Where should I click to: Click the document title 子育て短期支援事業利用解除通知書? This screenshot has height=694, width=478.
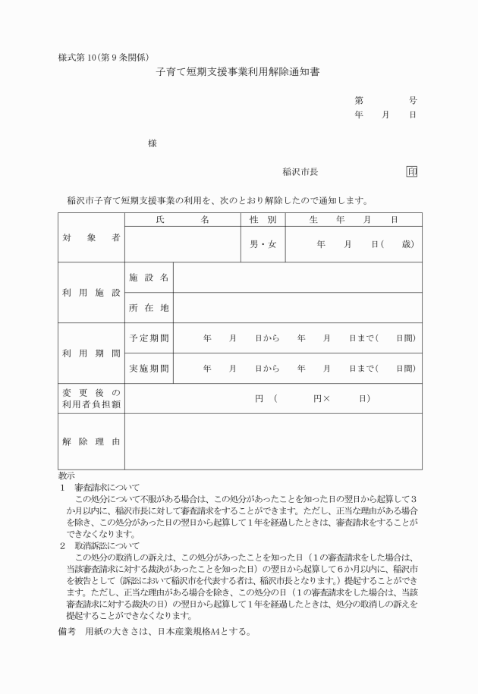tap(237, 74)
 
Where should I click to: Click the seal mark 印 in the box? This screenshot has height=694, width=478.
tap(412, 172)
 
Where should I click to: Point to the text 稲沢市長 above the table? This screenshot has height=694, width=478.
tap(300, 172)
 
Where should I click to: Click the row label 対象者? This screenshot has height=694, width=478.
tap(91, 237)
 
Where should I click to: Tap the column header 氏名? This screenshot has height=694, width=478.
tap(182, 219)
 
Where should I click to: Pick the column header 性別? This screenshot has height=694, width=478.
tap(263, 219)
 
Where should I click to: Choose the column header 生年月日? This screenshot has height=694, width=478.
tap(354, 219)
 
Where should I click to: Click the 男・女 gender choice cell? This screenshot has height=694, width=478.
tap(263, 245)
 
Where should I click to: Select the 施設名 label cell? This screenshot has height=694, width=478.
tap(149, 278)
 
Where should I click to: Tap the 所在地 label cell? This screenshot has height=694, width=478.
tap(149, 308)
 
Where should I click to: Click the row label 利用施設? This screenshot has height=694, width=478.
tap(91, 293)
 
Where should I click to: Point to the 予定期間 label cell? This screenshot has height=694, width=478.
tap(149, 338)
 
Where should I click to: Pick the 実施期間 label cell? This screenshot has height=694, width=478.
tap(149, 368)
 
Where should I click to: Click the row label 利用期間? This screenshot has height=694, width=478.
tap(91, 353)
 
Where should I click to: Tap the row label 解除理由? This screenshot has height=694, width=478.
tap(91, 441)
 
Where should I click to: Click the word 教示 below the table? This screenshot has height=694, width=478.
tap(66, 476)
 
